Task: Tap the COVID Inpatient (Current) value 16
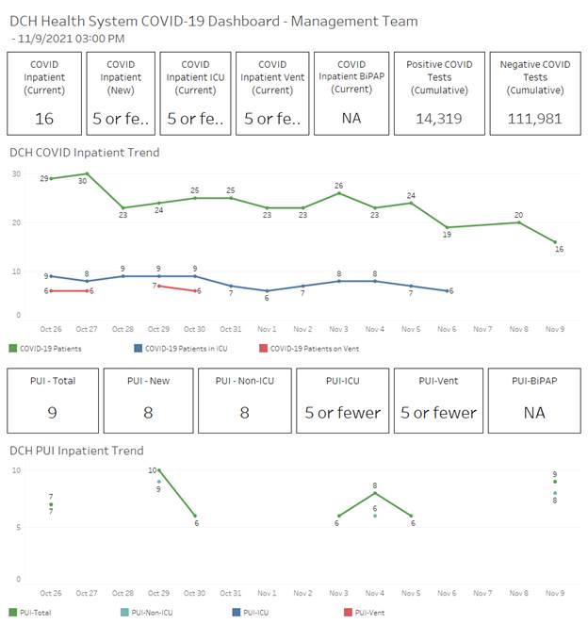click(44, 119)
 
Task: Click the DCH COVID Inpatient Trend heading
click(84, 152)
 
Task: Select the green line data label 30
click(83, 181)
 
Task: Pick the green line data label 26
click(338, 185)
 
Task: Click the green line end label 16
click(558, 250)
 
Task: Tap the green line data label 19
click(447, 235)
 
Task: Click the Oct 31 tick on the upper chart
click(230, 328)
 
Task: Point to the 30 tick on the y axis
click(16, 174)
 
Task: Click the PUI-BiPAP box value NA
click(532, 412)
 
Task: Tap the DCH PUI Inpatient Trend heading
click(76, 451)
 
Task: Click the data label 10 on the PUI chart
click(152, 469)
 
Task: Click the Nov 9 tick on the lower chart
click(556, 593)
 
